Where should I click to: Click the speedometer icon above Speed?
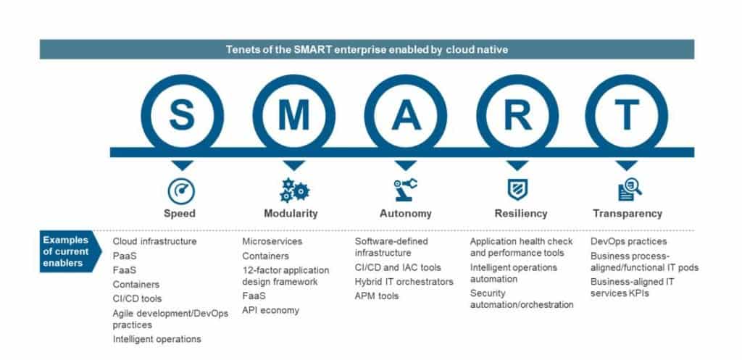tap(180, 191)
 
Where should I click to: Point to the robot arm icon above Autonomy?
tap(405, 190)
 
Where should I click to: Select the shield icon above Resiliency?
tap(517, 190)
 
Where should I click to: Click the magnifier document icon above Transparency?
tap(628, 190)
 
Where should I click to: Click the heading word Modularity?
tap(291, 214)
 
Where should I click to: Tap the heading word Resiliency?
tap(520, 214)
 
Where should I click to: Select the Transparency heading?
tap(628, 214)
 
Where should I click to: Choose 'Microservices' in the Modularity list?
tap(272, 241)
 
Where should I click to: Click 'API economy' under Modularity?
tap(270, 311)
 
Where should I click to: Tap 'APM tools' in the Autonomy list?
tap(377, 296)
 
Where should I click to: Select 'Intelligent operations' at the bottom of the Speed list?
tap(157, 339)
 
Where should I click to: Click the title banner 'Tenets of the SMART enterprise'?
tap(367, 49)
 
